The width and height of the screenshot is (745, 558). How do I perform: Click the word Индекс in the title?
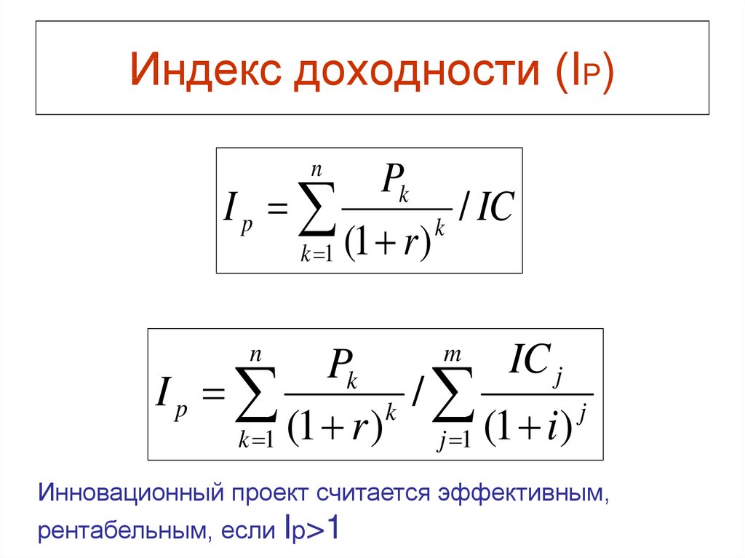point(206,69)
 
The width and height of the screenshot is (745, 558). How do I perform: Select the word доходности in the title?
point(417,71)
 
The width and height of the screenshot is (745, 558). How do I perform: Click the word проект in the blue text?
point(269,495)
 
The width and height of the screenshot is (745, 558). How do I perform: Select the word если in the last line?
point(248,530)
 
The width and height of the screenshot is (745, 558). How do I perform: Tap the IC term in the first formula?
point(495,207)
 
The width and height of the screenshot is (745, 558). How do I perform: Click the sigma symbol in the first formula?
point(317,210)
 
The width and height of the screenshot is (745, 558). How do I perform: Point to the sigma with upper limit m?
point(453,394)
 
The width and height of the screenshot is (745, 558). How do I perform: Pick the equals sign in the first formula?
point(278,208)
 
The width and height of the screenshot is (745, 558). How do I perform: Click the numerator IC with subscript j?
point(535,362)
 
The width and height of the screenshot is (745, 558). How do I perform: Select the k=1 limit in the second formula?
point(257,439)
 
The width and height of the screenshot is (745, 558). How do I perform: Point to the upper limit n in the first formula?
point(316,170)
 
